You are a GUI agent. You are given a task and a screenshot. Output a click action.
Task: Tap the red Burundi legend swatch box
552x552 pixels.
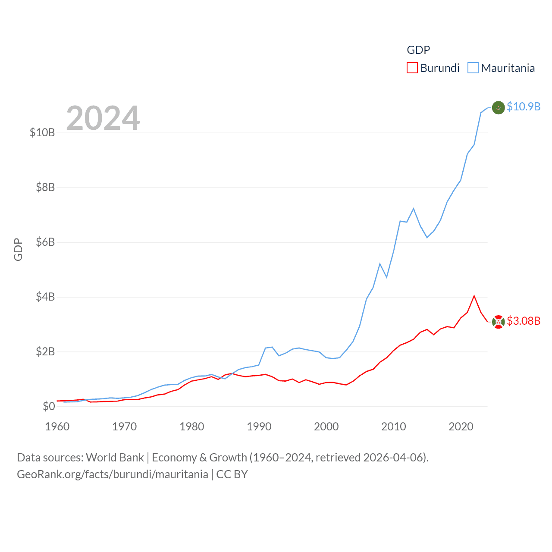(412, 68)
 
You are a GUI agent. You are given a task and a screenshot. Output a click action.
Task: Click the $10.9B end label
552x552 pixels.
(524, 107)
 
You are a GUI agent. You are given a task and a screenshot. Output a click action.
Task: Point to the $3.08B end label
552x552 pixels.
(524, 321)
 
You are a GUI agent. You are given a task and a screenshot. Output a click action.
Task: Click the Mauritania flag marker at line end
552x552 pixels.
(498, 107)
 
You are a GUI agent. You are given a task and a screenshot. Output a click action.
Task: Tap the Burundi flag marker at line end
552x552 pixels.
(498, 322)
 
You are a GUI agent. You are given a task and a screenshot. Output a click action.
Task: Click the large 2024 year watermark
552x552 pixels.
(103, 118)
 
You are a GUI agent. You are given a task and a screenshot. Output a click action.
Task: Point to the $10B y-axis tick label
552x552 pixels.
(42, 132)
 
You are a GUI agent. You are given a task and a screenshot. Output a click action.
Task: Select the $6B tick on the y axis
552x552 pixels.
(45, 242)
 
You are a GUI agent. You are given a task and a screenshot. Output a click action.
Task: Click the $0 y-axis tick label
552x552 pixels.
(49, 406)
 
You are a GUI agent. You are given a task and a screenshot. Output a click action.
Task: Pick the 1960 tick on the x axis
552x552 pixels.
(57, 427)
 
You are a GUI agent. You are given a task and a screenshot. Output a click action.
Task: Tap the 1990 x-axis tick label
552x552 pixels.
(259, 427)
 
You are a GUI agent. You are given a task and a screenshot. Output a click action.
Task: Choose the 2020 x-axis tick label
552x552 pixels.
(461, 427)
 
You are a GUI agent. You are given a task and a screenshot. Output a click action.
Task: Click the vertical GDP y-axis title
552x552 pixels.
(18, 249)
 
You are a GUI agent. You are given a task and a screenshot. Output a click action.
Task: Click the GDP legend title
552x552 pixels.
(418, 50)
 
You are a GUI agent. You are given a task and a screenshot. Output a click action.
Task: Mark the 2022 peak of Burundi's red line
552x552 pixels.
(474, 296)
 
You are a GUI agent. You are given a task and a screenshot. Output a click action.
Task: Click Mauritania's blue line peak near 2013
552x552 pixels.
(414, 209)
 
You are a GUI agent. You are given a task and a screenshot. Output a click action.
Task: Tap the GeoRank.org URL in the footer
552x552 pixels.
(113, 474)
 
